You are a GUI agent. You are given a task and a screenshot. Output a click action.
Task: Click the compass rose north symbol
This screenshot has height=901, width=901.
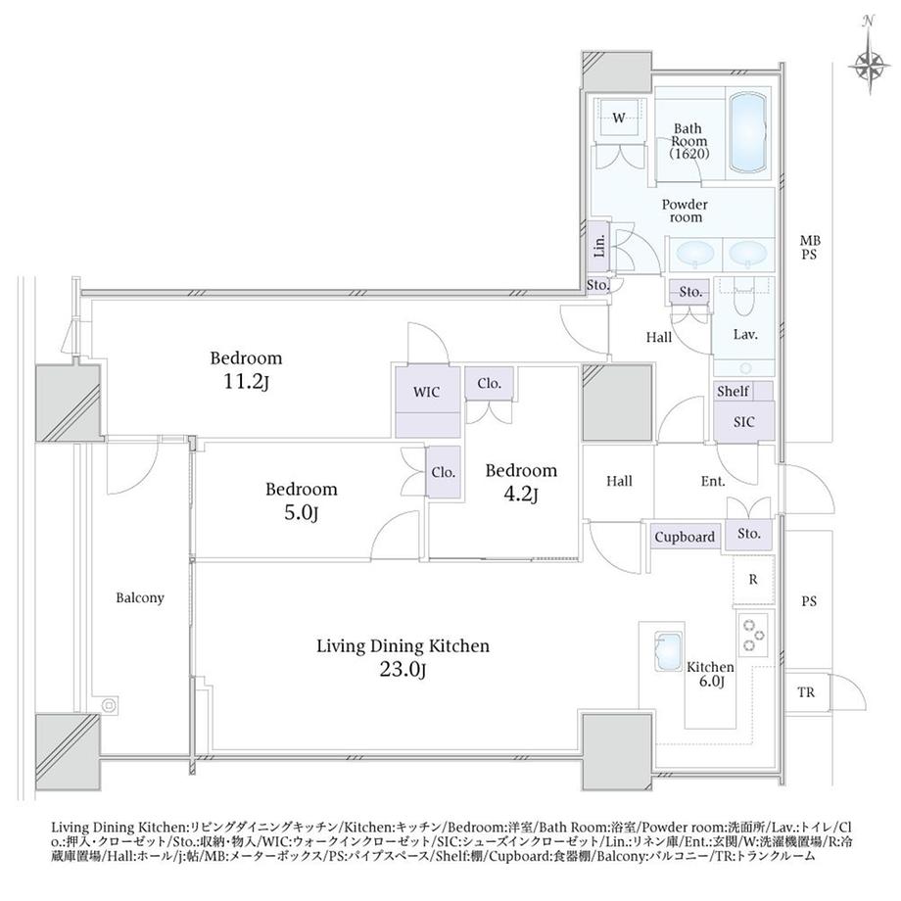click(869, 64)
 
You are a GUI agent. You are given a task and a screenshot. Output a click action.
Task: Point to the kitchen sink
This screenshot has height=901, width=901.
click(668, 651)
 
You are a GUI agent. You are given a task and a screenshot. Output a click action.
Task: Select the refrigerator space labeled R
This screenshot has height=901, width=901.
click(753, 579)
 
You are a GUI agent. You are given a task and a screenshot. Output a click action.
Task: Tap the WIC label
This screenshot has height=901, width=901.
click(426, 393)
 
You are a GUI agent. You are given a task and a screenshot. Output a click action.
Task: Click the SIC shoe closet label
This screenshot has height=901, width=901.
click(743, 422)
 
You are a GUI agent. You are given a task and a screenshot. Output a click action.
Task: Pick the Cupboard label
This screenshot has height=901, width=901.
click(685, 538)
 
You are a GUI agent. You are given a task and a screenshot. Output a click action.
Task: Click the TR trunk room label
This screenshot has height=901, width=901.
click(806, 692)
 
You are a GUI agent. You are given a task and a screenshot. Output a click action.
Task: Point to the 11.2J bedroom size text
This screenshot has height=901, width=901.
click(246, 382)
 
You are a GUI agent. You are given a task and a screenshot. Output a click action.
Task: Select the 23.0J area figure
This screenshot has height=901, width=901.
click(403, 670)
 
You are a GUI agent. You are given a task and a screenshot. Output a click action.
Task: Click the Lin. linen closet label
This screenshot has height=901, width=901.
click(599, 246)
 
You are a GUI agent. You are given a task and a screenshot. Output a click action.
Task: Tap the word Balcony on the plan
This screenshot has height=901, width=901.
click(140, 598)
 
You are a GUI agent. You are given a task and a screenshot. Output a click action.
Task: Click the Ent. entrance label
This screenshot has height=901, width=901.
click(713, 481)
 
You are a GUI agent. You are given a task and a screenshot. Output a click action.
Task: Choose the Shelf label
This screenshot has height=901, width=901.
click(733, 392)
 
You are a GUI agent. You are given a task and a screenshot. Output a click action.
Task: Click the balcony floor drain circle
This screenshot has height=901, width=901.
click(108, 704)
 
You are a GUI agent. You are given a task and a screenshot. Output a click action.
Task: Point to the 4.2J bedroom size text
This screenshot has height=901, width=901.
click(520, 495)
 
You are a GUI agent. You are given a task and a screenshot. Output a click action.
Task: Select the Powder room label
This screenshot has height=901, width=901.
click(685, 211)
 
